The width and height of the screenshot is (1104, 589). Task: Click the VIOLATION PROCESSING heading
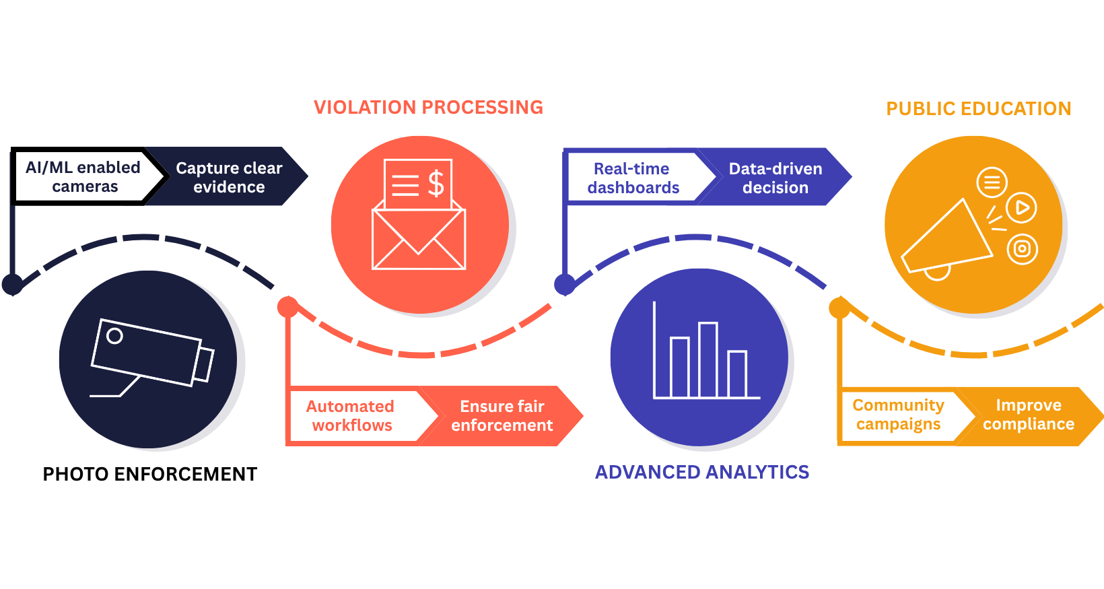point(428,108)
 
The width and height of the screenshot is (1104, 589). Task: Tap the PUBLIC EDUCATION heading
point(978,109)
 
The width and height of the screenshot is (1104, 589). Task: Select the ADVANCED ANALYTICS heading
point(701,473)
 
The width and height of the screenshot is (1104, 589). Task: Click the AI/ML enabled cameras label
point(83,176)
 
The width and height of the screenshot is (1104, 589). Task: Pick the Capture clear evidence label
point(229,177)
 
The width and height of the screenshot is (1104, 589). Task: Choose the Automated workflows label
point(351,415)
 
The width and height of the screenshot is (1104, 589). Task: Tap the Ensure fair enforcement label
point(502,415)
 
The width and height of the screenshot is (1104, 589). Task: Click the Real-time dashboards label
point(633,178)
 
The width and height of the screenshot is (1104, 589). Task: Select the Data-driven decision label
point(775,178)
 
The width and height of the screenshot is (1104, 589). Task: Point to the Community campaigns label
point(898,414)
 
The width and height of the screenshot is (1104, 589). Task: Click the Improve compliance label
point(1029,414)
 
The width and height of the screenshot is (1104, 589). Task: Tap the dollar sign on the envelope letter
point(436,183)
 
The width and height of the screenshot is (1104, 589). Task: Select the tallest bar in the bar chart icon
point(708,359)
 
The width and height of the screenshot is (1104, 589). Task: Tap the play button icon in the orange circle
point(1021,207)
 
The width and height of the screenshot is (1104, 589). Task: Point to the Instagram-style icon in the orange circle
point(1022,249)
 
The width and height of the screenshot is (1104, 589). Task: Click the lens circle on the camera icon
point(115,335)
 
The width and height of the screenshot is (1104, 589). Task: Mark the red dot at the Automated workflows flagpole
point(288,307)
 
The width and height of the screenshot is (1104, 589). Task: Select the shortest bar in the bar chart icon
point(737,374)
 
